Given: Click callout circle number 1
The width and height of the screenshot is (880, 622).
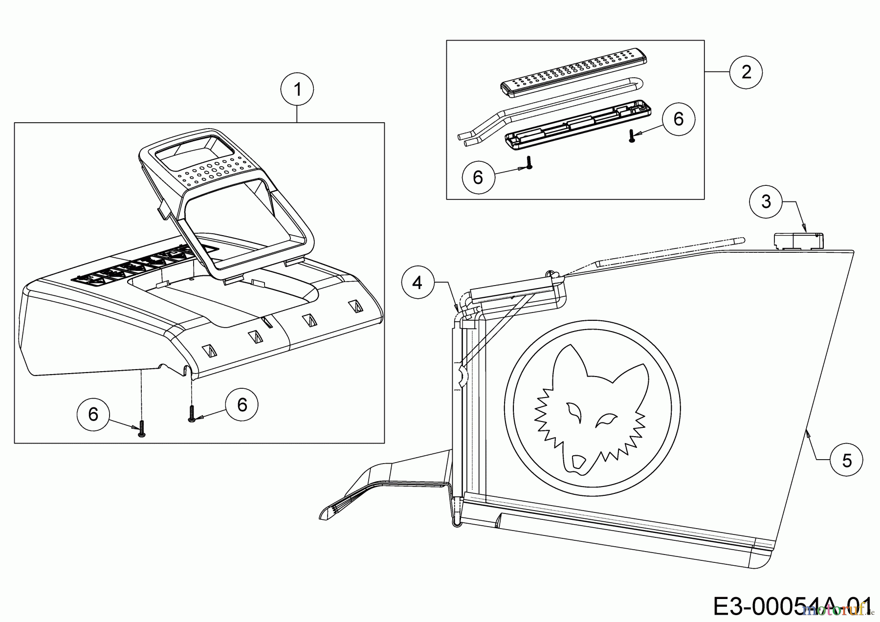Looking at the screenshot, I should (297, 89).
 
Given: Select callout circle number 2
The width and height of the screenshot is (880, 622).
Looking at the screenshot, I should (746, 72).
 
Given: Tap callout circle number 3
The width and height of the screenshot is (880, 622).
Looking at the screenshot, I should (766, 201).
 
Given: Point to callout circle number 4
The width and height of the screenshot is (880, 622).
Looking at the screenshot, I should (417, 282).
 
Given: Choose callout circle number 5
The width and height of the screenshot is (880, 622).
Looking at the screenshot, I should (846, 460).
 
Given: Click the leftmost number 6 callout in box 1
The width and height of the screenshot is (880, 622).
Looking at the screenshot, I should (93, 414).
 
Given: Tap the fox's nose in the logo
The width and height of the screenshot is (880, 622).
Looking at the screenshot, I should (578, 462).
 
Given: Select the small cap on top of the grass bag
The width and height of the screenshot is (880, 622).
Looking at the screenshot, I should (798, 241).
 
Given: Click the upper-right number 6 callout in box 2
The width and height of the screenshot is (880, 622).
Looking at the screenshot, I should (678, 119).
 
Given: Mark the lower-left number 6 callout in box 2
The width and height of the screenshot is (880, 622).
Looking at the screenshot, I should (478, 177).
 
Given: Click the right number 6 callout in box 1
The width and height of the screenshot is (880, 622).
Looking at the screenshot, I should (242, 404).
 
